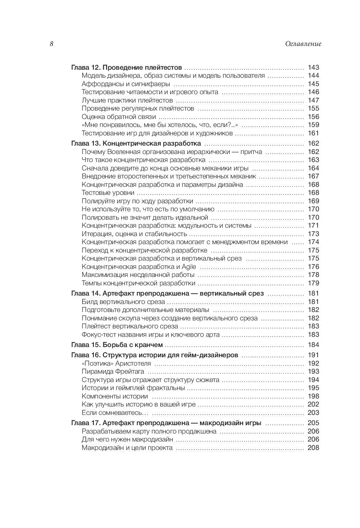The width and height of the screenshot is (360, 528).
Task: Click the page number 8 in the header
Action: (51, 44)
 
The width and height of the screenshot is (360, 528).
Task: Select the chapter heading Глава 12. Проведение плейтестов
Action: (126, 68)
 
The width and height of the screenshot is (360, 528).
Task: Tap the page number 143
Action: (313, 68)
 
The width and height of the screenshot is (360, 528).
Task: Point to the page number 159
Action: (313, 125)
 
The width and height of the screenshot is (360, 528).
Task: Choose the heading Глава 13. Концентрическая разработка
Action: (136, 143)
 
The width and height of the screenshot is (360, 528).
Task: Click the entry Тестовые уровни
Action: (108, 193)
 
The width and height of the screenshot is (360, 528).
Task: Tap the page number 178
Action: (313, 275)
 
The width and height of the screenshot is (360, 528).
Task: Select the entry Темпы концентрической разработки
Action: (138, 284)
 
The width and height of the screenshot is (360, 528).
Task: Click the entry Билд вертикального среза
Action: (123, 302)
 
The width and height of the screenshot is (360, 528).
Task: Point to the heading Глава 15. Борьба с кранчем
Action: (116, 345)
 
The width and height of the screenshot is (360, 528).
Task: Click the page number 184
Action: (313, 345)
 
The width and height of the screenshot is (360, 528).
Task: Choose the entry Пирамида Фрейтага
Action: (113, 372)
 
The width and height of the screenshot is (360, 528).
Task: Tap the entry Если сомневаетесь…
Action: (115, 413)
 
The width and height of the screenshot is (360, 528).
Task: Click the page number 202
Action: (313, 405)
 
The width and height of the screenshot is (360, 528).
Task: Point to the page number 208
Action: (313, 448)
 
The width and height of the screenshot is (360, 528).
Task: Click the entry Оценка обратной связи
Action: (119, 117)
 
